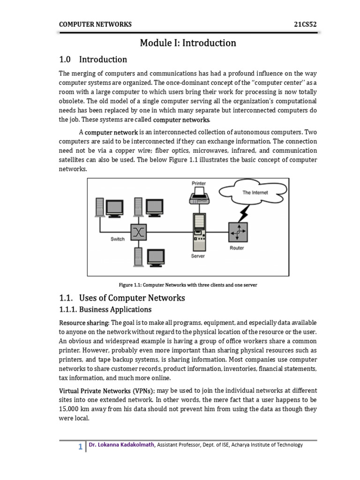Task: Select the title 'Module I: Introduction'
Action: (x=188, y=43)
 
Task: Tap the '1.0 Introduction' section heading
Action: (x=93, y=60)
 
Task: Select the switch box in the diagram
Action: (x=139, y=231)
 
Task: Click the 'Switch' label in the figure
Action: (x=118, y=239)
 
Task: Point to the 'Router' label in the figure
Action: (x=237, y=248)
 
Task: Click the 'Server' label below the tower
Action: (x=198, y=256)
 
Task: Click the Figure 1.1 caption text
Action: (x=188, y=285)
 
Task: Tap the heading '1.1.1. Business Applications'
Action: (x=105, y=309)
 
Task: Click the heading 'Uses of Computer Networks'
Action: (x=132, y=298)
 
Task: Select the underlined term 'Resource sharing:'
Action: (x=84, y=323)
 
